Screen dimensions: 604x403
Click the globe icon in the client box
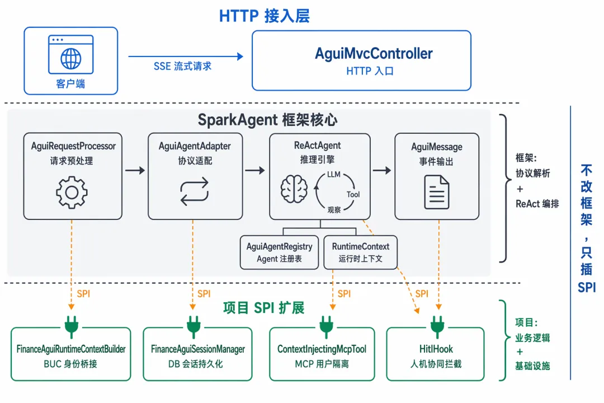pyautogui.click(x=71, y=59)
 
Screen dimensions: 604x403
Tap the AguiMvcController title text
pyautogui.click(x=374, y=54)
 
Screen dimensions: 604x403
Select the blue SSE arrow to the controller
pyautogui.click(x=186, y=57)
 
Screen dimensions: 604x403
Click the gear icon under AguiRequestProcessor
pyautogui.click(x=72, y=193)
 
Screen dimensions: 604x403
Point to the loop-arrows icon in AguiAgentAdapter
pyautogui.click(x=195, y=191)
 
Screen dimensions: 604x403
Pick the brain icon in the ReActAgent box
pyautogui.click(x=294, y=189)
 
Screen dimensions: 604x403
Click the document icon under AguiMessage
pyautogui.click(x=436, y=192)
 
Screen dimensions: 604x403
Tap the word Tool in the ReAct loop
pyautogui.click(x=353, y=195)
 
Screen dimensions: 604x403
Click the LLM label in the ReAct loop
pyautogui.click(x=333, y=174)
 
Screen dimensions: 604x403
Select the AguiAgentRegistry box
pyautogui.click(x=279, y=252)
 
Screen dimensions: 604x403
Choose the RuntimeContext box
pyautogui.click(x=361, y=252)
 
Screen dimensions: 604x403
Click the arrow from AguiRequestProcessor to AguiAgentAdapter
pyautogui.click(x=135, y=171)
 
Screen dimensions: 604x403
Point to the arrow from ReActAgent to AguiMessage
pyautogui.click(x=382, y=171)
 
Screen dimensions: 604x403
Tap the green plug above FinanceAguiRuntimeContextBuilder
pyautogui.click(x=72, y=327)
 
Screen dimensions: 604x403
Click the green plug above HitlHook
pyautogui.click(x=437, y=327)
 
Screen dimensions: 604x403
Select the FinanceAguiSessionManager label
pyautogui.click(x=197, y=349)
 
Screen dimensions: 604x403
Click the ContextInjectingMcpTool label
pyautogui.click(x=322, y=349)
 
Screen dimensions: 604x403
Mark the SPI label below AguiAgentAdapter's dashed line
pyautogui.click(x=204, y=294)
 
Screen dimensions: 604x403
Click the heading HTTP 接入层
pyautogui.click(x=264, y=16)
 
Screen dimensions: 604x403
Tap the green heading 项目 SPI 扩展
pyautogui.click(x=264, y=308)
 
